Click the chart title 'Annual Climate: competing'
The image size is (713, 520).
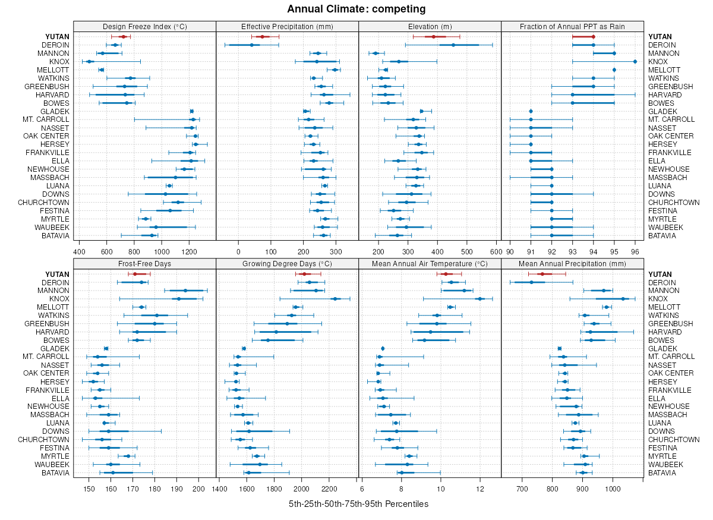[356, 9]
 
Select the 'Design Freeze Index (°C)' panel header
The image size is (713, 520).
[144, 26]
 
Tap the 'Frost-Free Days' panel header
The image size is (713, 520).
[144, 263]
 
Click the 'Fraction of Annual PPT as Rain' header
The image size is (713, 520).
[572, 26]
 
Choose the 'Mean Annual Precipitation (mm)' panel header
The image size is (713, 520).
[572, 263]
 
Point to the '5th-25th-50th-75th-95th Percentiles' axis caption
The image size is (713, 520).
[358, 504]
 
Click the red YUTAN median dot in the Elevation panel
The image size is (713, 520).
[434, 37]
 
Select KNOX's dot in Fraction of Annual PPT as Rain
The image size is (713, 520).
[635, 61]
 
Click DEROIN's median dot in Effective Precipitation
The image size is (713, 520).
[251, 45]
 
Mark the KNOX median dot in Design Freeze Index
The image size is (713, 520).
[89, 61]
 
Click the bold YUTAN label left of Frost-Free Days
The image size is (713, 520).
[57, 274]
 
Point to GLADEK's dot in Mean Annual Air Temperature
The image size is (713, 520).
[383, 348]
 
